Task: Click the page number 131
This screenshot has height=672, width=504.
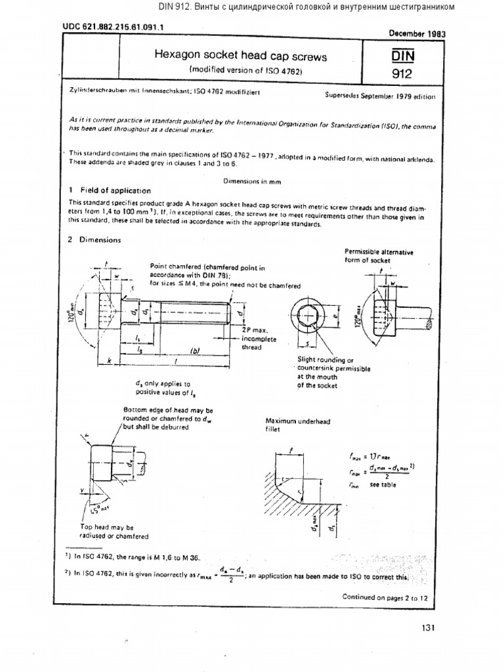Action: [x=429, y=628]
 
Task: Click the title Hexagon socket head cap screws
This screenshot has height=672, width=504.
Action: [x=240, y=56]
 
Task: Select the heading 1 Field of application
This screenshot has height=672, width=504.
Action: [x=110, y=190]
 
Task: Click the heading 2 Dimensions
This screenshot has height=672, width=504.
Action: [x=95, y=240]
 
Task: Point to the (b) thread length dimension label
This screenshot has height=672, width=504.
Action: [x=195, y=350]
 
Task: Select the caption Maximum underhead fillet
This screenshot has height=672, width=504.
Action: [x=290, y=425]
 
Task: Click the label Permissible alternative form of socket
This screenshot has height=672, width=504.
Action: [x=378, y=255]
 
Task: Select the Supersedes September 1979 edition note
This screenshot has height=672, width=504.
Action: [x=380, y=95]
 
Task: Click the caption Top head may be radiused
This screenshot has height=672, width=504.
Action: [x=107, y=531]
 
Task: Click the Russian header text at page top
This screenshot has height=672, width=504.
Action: [x=306, y=7]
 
